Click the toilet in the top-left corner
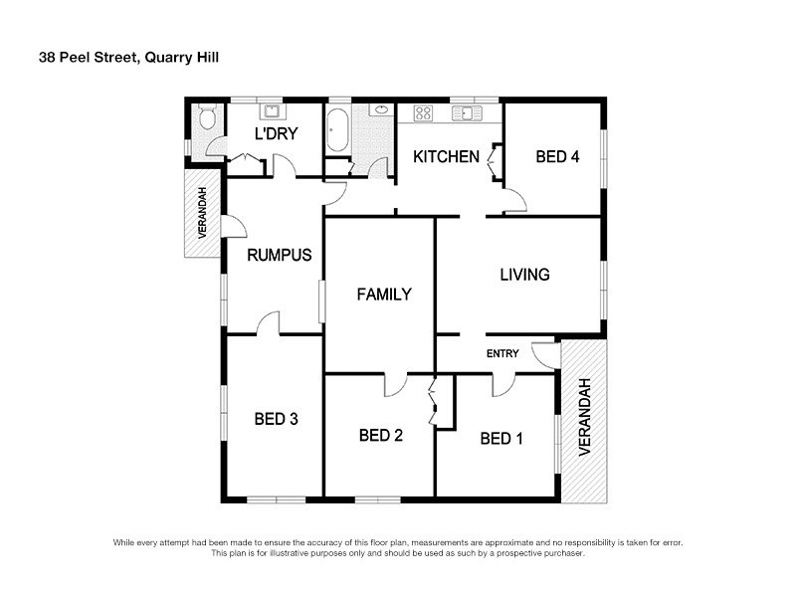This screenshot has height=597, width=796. (x=206, y=119)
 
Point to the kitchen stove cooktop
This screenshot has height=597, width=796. (x=422, y=113)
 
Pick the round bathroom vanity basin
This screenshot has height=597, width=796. (x=380, y=110)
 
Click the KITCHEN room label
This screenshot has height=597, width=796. (x=447, y=156)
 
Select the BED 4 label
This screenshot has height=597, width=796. (x=557, y=156)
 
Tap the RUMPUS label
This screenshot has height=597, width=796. (x=280, y=255)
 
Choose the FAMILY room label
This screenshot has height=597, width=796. (x=384, y=295)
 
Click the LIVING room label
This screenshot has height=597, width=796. (x=524, y=275)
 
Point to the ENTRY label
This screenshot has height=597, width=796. (x=502, y=354)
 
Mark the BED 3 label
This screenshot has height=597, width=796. (x=277, y=419)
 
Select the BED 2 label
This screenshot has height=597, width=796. (x=380, y=435)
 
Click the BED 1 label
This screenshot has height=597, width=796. (x=501, y=439)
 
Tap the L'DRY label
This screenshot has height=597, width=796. (x=276, y=134)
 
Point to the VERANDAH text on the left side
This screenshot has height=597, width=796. (x=202, y=213)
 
